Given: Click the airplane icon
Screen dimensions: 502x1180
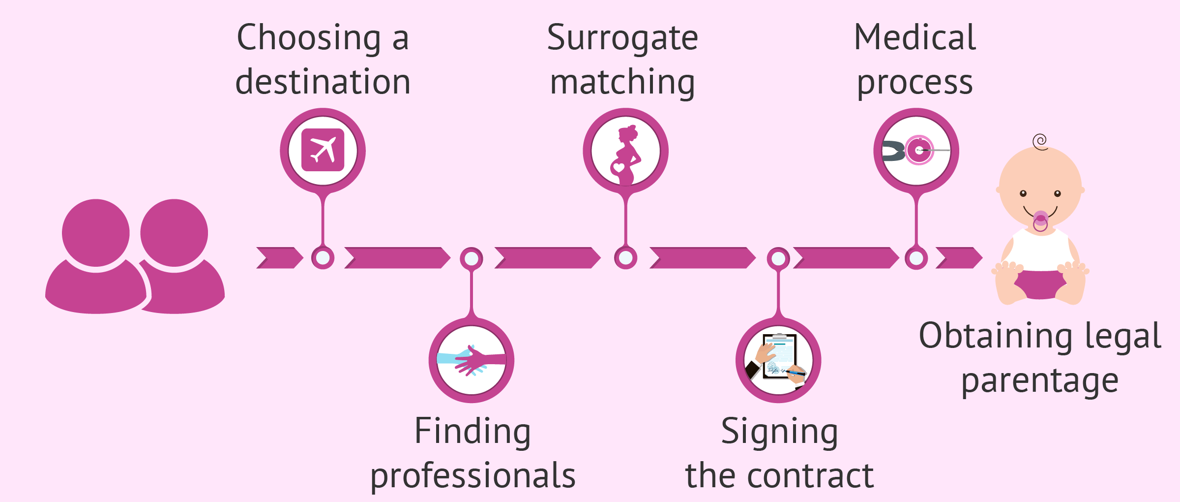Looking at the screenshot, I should tap(323, 150).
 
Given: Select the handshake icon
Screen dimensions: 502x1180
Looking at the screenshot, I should tap(471, 360).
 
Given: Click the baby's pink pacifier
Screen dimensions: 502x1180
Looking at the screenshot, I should tap(1040, 220).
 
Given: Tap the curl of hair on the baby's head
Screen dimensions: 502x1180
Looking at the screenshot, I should tap(1040, 142).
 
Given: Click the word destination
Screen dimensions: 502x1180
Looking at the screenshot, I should tap(323, 82).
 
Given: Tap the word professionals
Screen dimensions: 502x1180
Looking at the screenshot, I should tap(473, 475).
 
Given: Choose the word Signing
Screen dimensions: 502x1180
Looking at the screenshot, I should tap(779, 431).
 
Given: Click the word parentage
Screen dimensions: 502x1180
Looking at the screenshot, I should tap(1040, 381).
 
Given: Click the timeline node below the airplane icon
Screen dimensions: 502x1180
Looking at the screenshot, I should tap(323, 258).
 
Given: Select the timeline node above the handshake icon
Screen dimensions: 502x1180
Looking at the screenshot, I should tap(471, 258).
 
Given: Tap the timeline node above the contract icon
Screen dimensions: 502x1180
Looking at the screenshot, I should tap(778, 258).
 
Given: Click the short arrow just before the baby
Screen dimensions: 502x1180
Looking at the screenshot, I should tap(959, 258).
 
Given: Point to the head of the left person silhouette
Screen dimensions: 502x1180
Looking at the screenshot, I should tap(96, 232).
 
